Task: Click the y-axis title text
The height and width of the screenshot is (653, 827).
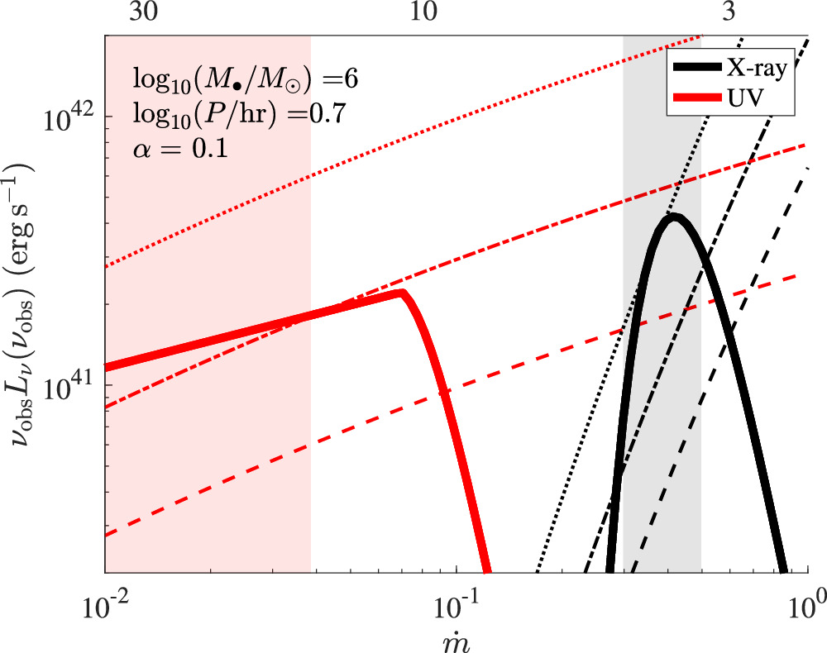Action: point(22,306)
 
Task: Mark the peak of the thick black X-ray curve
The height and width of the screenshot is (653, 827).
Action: point(674,217)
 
